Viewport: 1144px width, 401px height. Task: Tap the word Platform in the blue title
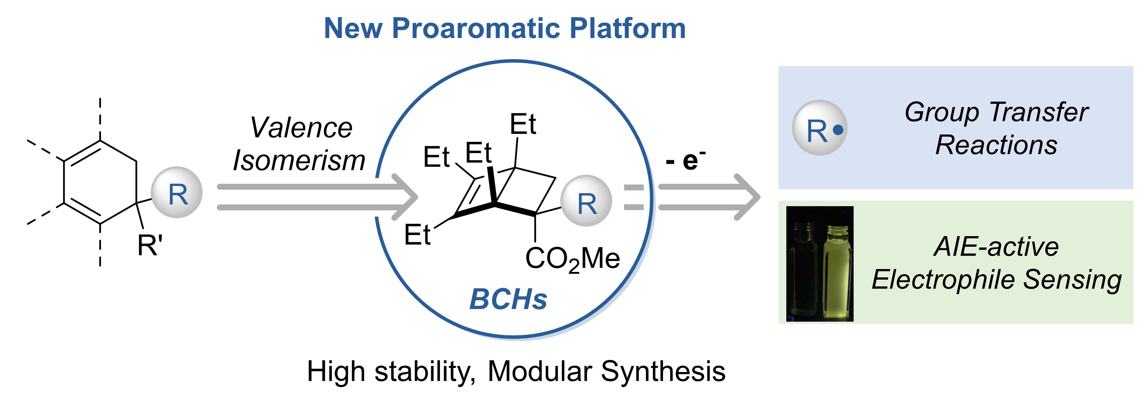(628, 29)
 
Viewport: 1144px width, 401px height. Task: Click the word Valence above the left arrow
(301, 128)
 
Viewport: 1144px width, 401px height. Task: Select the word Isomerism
(299, 160)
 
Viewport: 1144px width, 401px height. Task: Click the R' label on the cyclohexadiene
(150, 246)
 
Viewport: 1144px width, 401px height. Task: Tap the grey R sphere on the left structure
(177, 193)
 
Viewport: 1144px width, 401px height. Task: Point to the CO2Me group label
(572, 259)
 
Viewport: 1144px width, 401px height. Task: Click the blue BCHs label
(508, 299)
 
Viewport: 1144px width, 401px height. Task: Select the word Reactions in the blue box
(996, 145)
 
